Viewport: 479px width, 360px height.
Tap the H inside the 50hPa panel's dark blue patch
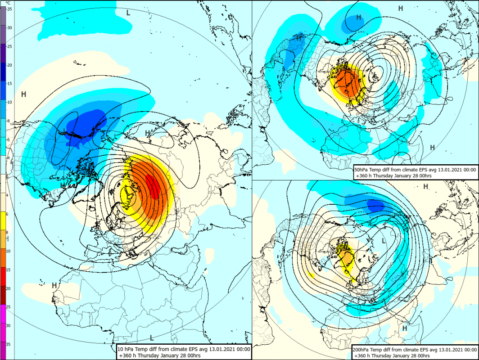click(359, 18)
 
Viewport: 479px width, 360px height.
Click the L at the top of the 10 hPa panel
click(128, 13)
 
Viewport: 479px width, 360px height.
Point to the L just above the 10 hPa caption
click(152, 337)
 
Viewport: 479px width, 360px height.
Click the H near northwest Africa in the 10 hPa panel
click(54, 285)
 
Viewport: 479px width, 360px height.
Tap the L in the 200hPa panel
click(384, 241)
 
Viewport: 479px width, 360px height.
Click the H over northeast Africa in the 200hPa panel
click(405, 328)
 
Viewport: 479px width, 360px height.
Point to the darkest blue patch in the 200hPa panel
click(376, 205)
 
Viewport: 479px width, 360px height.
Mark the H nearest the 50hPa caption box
click(432, 148)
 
